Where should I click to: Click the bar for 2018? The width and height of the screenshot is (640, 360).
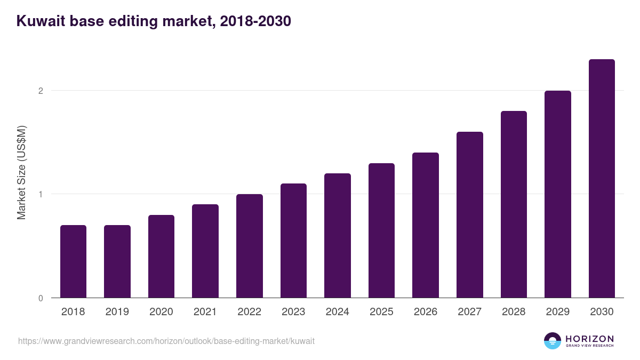point(73,261)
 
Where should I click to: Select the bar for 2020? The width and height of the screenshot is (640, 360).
point(161,256)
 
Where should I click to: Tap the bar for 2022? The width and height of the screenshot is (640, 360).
point(250,246)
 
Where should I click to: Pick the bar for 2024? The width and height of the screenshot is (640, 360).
point(338,235)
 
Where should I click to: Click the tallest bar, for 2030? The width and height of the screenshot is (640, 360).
point(602,179)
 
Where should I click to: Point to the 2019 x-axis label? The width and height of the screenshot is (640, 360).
point(117,312)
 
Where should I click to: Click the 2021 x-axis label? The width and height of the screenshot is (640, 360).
point(205,312)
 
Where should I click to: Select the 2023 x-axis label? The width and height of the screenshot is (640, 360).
point(293,312)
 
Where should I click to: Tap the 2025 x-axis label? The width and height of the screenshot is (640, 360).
point(381,312)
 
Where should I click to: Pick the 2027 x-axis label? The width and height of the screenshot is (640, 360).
point(470,312)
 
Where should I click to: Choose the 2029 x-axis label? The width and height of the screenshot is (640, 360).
point(558,312)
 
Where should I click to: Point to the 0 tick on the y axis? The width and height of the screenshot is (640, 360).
point(41,298)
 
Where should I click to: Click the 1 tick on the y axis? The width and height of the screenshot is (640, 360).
point(41,194)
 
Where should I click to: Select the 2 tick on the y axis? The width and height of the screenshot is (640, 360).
point(41,91)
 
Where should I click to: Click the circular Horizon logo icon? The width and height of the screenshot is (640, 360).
point(552,341)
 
